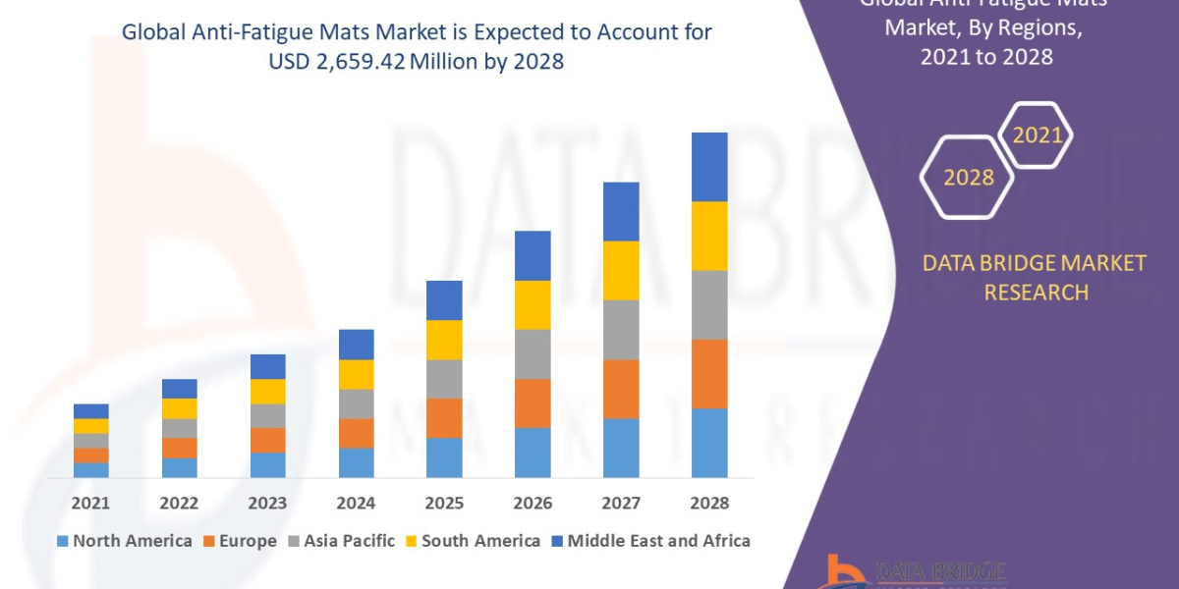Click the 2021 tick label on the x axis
point(90,503)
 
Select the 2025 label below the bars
point(444,503)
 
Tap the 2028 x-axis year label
point(709,503)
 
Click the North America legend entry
point(125,541)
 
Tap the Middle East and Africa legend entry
point(649,541)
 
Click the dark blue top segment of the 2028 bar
point(709,167)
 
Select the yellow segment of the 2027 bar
point(621,270)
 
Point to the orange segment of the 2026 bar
point(533,403)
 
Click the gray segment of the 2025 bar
point(444,379)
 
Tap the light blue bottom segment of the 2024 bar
point(356,462)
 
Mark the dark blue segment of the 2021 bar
point(90,411)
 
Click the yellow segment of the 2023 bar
point(267,392)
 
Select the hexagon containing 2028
point(969,178)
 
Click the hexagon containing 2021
point(1036,135)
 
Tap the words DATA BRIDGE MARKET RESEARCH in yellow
point(1035,278)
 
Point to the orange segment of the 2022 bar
point(179,448)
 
